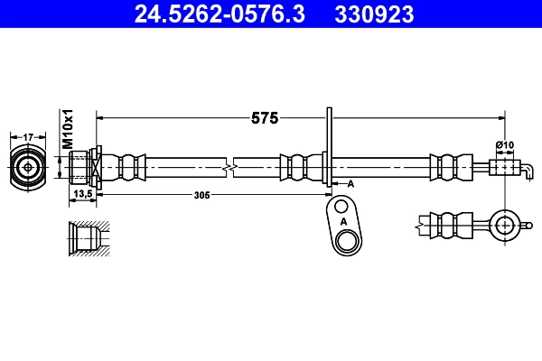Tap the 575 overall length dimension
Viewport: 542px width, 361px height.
pos(264,117)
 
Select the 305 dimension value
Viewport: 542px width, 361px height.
pos(201,194)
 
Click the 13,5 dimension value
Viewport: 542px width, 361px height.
pos(83,194)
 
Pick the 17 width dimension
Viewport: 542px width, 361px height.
pos(28,136)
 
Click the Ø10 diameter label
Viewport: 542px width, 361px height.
pos(504,145)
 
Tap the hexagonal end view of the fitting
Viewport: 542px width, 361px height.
pos(28,167)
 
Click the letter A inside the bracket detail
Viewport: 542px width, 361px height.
pos(341,220)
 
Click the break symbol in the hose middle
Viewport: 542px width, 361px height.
pos(233,167)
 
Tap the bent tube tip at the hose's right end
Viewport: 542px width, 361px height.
pos(521,168)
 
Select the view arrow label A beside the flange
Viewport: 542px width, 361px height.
pos(350,183)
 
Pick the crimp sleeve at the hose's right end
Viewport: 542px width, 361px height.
pos(444,167)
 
